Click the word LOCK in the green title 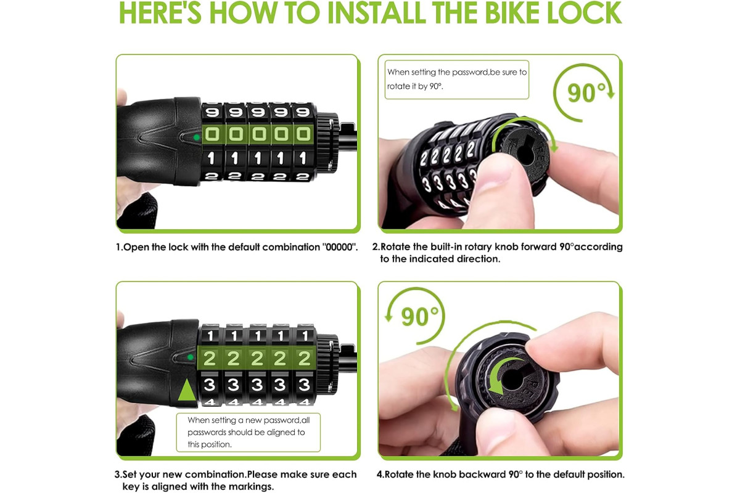(585, 12)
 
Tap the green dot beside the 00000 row (197, 137)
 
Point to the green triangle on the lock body (187, 389)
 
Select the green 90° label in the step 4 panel (420, 317)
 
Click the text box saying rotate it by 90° (456, 79)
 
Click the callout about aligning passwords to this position (249, 432)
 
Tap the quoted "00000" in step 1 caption (340, 247)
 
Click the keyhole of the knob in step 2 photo (524, 153)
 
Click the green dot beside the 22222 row (191, 357)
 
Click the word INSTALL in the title (376, 12)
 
